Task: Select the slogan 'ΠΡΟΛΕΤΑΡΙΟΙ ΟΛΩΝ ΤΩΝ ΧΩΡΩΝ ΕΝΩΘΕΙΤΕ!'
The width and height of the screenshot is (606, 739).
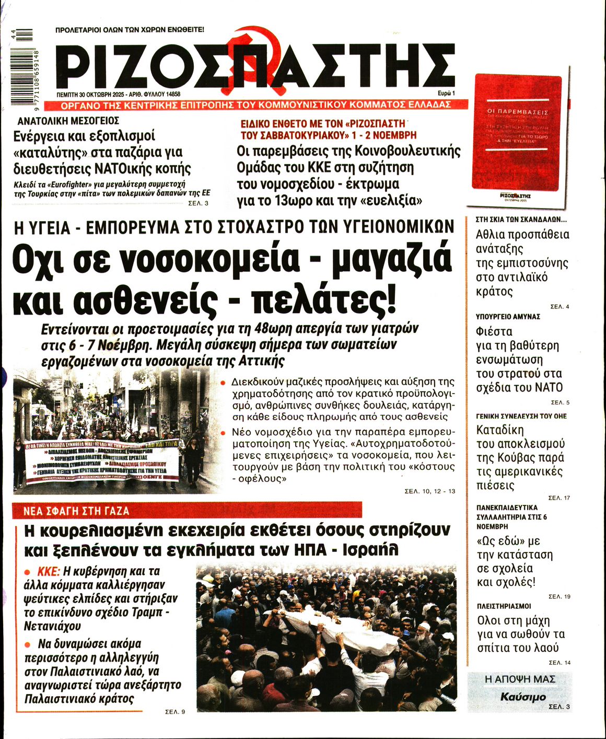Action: click(x=130, y=30)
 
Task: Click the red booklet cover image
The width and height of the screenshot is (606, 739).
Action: click(x=518, y=133)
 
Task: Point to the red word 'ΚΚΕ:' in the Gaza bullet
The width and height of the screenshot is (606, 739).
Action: click(x=49, y=571)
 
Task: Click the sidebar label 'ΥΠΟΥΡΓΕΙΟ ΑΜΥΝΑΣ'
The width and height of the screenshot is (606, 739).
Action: click(x=508, y=317)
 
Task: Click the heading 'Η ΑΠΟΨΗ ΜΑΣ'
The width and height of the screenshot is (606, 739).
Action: click(x=520, y=679)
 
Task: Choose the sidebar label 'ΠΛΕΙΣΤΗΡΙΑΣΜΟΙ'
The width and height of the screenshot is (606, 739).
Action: click(x=504, y=606)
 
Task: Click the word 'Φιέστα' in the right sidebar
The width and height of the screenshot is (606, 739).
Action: click(x=494, y=331)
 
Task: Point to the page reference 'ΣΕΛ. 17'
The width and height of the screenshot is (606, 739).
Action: click(x=559, y=498)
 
